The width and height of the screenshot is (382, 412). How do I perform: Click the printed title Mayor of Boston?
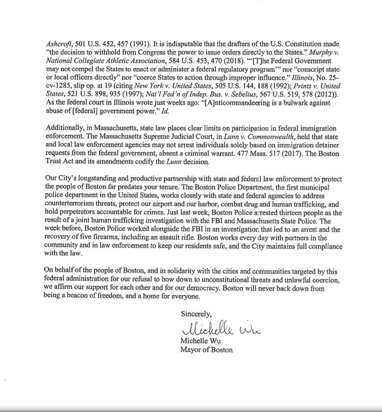pyautogui.click(x=206, y=350)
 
